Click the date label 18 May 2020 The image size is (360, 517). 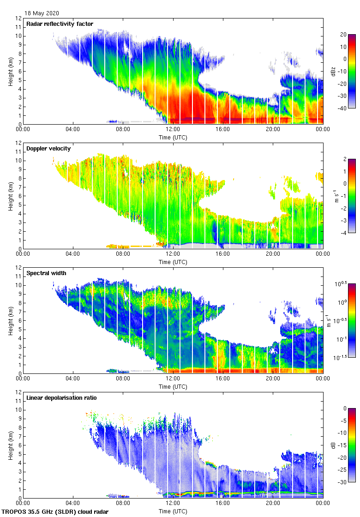click(42, 13)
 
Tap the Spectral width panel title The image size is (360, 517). click(46, 273)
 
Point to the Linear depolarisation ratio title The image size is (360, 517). click(61, 398)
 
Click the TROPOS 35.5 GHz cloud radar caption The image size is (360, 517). click(56, 512)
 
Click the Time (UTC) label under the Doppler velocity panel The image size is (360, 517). click(173, 262)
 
